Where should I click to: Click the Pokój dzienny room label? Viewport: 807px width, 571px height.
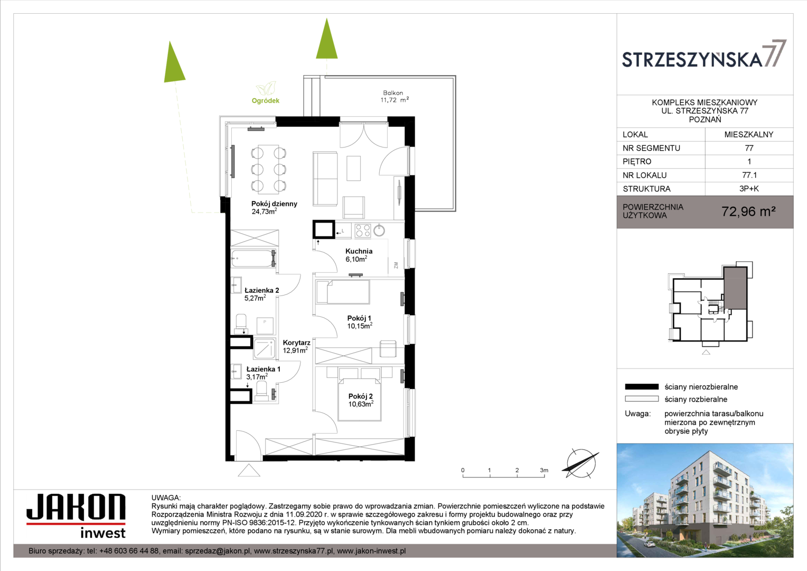pyautogui.click(x=274, y=207)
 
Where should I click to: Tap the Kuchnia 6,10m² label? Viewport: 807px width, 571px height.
pyautogui.click(x=359, y=255)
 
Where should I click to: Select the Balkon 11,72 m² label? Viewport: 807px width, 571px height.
pyautogui.click(x=395, y=96)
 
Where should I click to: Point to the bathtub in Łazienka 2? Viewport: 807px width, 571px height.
pyautogui.click(x=254, y=258)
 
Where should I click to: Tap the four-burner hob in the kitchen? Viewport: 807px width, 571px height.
pyautogui.click(x=362, y=231)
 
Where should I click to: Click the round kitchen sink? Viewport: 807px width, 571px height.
pyautogui.click(x=379, y=230)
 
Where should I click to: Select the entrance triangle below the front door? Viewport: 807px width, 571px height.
pyautogui.click(x=249, y=470)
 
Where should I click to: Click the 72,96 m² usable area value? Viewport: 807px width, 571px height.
pyautogui.click(x=748, y=211)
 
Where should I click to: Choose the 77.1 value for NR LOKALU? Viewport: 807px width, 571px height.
pyautogui.click(x=749, y=176)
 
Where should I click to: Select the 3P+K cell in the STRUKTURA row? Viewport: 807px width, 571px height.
pyautogui.click(x=749, y=189)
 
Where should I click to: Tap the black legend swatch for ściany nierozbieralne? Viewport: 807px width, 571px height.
pyautogui.click(x=642, y=387)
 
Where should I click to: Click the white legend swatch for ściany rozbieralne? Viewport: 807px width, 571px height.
pyautogui.click(x=642, y=399)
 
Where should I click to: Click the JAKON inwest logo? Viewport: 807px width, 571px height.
pyautogui.click(x=76, y=516)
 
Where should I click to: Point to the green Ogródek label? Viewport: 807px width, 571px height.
pyautogui.click(x=266, y=100)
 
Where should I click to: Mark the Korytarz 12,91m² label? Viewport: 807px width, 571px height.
pyautogui.click(x=296, y=346)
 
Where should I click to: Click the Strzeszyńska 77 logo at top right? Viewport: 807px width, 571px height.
pyautogui.click(x=704, y=55)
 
